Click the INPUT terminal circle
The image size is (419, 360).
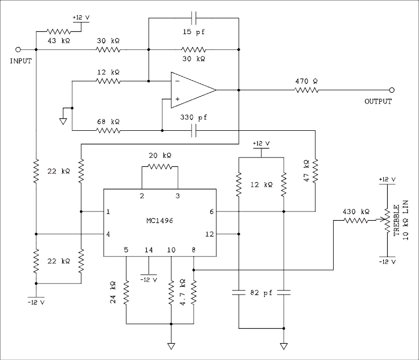[x=19, y=50]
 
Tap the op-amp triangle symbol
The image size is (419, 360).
[x=192, y=90]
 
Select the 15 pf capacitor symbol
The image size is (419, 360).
[x=194, y=18]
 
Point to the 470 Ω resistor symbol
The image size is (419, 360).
[x=307, y=90]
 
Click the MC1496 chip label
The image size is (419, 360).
[x=160, y=221]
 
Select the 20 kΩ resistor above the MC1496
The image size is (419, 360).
[x=160, y=167]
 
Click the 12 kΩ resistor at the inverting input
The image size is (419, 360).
[x=108, y=81]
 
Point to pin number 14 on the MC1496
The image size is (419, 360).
[x=149, y=250]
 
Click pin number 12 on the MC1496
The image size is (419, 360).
[x=209, y=234]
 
